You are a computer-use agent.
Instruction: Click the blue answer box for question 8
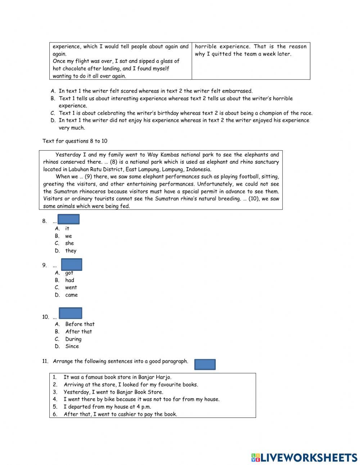click(68, 219)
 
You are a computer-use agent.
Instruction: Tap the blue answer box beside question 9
click(72, 264)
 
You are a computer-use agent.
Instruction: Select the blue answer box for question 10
click(70, 313)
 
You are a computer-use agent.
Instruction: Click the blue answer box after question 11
click(205, 364)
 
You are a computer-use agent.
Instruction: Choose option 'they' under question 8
click(71, 251)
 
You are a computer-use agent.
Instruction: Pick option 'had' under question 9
click(69, 280)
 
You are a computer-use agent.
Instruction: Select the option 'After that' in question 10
click(78, 331)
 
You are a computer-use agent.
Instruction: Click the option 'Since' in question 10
click(72, 346)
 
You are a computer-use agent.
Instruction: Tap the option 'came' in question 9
click(71, 295)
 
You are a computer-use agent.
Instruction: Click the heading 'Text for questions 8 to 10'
click(75, 141)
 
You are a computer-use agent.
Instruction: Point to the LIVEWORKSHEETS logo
click(304, 457)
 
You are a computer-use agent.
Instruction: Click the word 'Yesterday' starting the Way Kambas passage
click(68, 155)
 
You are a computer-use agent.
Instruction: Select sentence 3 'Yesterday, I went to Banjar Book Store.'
click(113, 392)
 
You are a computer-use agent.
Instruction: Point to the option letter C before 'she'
click(57, 243)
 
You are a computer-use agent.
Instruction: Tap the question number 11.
click(45, 361)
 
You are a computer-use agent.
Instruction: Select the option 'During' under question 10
click(73, 339)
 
